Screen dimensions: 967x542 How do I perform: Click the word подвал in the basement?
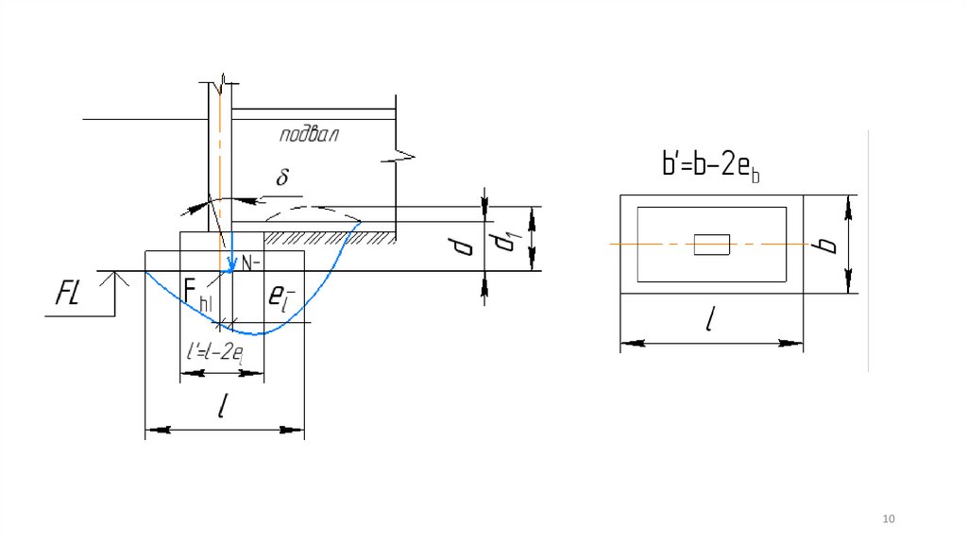309,134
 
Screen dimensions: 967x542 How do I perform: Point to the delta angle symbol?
282,177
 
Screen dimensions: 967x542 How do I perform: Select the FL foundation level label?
67,293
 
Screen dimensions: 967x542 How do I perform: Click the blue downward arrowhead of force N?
231,265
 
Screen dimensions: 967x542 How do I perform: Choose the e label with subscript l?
281,297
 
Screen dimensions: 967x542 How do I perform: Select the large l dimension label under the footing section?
223,406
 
